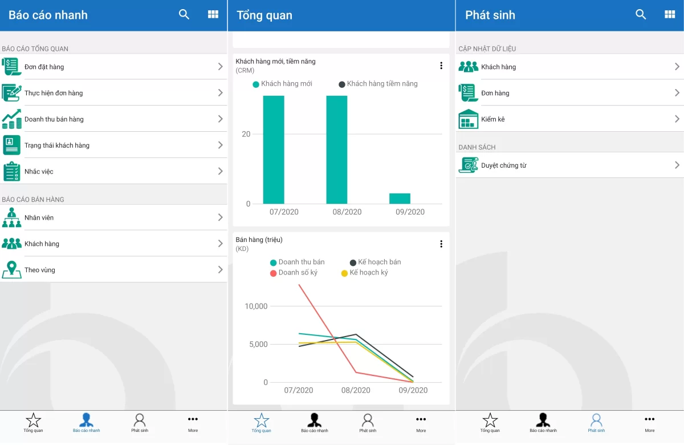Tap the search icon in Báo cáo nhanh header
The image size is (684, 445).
[x=184, y=15]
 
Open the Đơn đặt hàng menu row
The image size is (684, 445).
[x=114, y=67]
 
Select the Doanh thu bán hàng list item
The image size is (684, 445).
[x=114, y=119]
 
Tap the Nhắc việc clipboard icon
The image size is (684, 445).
[x=11, y=171]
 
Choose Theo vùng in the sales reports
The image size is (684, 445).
[x=114, y=270]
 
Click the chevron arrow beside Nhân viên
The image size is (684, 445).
[x=220, y=217]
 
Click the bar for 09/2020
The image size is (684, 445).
[x=400, y=199]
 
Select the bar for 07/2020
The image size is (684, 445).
[x=273, y=149]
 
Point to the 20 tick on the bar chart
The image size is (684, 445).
[x=246, y=134]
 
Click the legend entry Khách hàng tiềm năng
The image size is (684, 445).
[x=378, y=84]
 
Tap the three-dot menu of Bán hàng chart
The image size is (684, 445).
[x=441, y=244]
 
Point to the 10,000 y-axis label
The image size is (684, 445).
[x=256, y=306]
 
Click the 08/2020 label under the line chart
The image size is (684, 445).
[x=355, y=390]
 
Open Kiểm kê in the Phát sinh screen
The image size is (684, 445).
[x=570, y=119]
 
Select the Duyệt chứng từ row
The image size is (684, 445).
[x=570, y=165]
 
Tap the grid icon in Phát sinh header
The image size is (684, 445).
[x=670, y=15]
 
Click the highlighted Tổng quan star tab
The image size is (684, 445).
[x=262, y=423]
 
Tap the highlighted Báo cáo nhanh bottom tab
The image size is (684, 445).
[x=86, y=423]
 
